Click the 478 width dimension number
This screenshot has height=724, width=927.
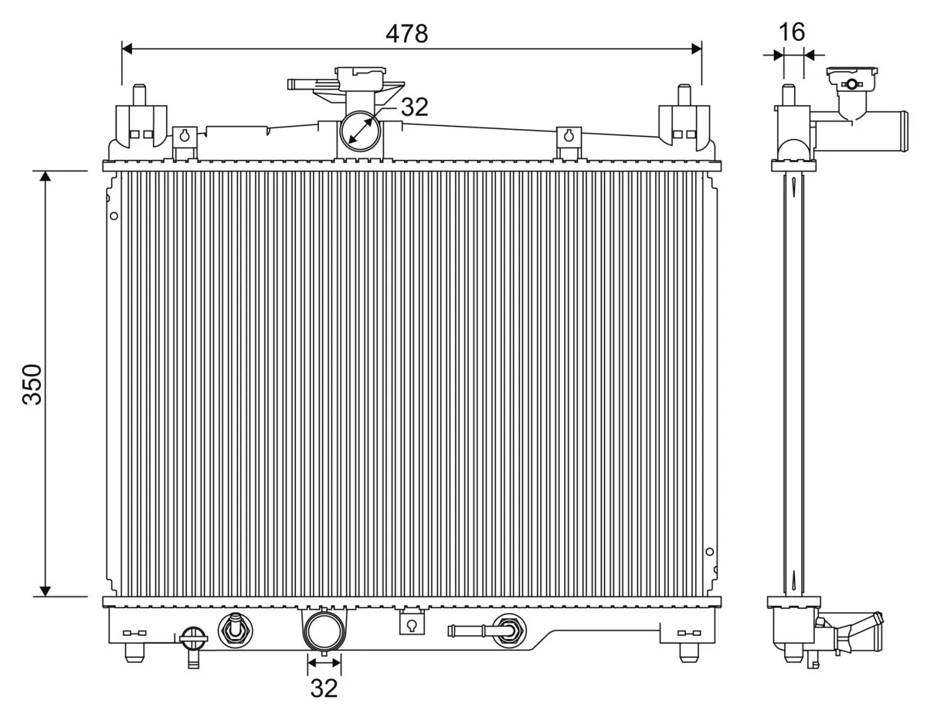tap(406, 33)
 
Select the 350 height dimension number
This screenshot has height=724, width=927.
tap(32, 384)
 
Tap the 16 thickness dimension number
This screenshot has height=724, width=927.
tap(792, 32)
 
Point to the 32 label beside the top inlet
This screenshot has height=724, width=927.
tap(414, 107)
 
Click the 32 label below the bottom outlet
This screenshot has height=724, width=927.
tap(324, 688)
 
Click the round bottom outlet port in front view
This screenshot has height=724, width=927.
tap(323, 631)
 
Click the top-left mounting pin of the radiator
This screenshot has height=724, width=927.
tap(140, 95)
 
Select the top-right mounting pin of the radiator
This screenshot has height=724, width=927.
tap(684, 95)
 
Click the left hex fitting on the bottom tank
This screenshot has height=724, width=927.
tap(233, 630)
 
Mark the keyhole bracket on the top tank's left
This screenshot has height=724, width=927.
tap(185, 136)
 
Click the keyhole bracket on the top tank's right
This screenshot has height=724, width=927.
tap(569, 136)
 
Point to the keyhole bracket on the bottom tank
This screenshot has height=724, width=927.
tap(412, 624)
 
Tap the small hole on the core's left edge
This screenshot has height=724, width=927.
tap(114, 216)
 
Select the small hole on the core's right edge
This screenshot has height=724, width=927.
tap(710, 552)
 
